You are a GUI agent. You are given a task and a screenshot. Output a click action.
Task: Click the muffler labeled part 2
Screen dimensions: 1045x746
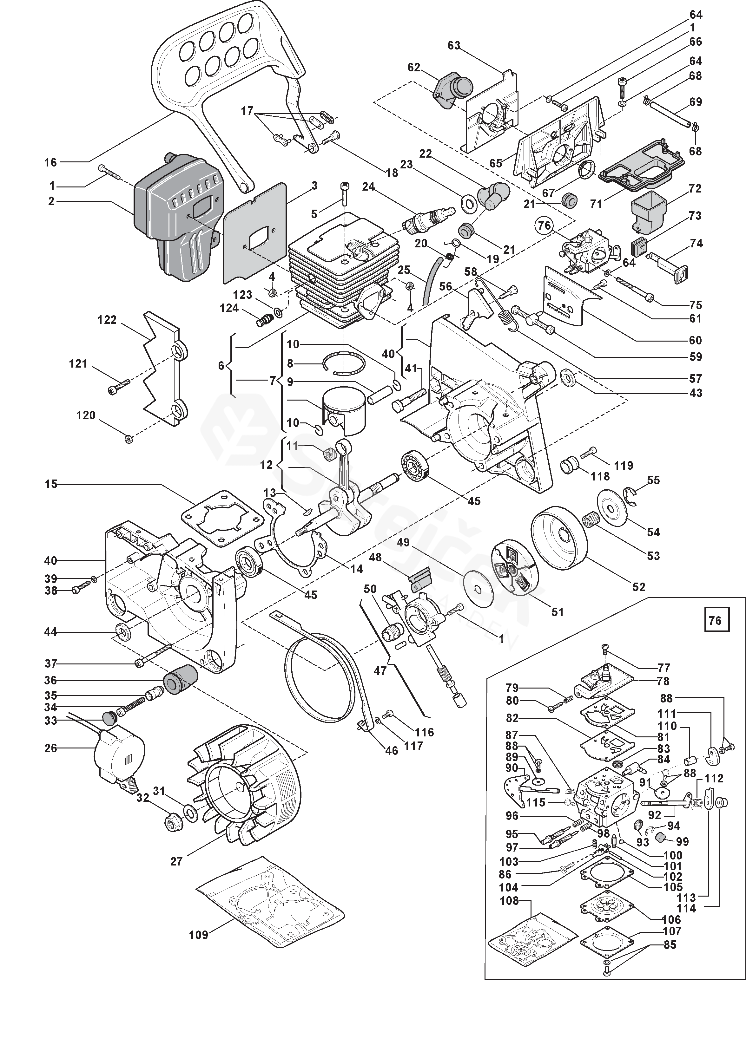tap(177, 216)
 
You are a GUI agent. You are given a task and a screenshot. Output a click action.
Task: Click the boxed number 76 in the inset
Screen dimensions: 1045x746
tap(715, 621)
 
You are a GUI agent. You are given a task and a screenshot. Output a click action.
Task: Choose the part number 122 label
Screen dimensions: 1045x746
tap(107, 320)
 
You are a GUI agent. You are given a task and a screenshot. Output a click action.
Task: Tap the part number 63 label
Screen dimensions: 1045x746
tap(454, 45)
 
